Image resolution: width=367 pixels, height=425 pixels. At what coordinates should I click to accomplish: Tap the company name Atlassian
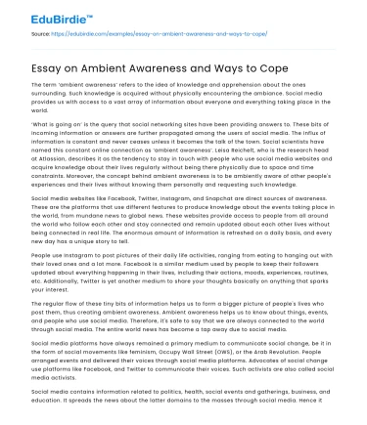point(47,181)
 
